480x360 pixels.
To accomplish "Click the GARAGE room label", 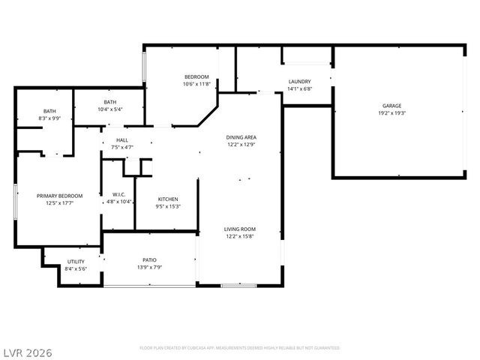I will [391, 106].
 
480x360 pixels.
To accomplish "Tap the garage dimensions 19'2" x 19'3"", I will [391, 113].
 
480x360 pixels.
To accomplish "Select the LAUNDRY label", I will [299, 82].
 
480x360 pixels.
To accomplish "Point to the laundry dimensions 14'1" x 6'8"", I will [299, 89].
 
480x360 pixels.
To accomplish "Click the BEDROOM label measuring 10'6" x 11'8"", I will [196, 77].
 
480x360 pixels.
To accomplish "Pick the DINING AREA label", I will [241, 137].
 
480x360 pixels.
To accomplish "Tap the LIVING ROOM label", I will [240, 229].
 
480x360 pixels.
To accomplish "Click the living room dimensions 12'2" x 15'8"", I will [240, 236].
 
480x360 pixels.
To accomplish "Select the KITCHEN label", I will [168, 199].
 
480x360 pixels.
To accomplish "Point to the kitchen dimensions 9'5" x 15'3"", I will [168, 206].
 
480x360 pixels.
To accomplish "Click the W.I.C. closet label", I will [118, 194].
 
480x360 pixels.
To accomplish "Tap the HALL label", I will [121, 140].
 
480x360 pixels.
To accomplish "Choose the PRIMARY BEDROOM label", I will [59, 196].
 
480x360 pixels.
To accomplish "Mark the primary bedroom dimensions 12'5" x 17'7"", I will [59, 203].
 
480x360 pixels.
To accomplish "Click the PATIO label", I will [150, 259].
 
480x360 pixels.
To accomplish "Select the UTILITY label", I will [76, 261].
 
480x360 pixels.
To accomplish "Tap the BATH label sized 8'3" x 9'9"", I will [49, 111].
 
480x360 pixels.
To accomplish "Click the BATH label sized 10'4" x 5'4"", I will [110, 102].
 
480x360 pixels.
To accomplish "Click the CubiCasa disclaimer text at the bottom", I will [240, 348].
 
